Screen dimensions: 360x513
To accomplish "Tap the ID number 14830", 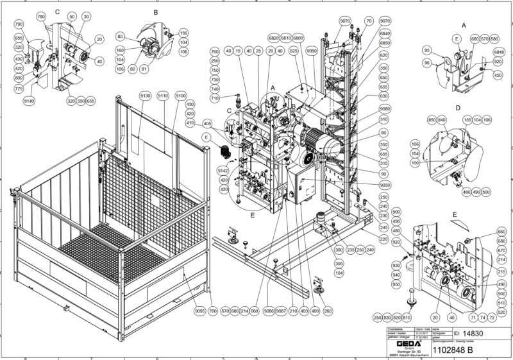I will (472, 334).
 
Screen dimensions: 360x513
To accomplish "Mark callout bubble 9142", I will (223, 171).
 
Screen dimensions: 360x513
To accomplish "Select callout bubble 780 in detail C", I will (42, 15).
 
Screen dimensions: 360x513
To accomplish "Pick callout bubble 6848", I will (499, 52).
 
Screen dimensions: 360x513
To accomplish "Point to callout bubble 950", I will (396, 284).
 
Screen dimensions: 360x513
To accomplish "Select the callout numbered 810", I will (407, 316).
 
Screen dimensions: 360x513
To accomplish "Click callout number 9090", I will (312, 50).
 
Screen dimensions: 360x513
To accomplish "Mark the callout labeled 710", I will (215, 98).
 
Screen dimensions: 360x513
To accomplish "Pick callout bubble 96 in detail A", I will (426, 63).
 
